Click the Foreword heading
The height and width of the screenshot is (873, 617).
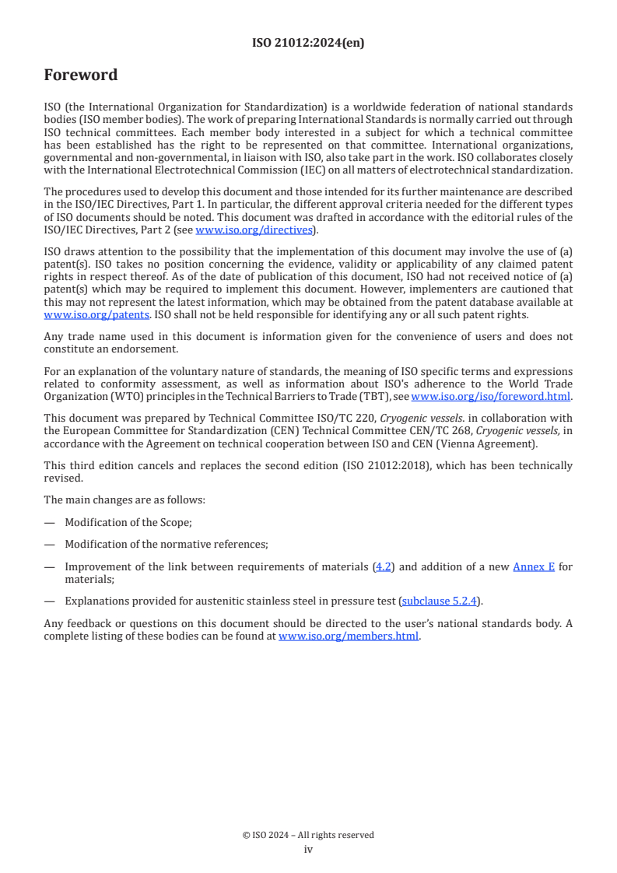click(81, 75)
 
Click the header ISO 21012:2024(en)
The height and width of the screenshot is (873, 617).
click(308, 44)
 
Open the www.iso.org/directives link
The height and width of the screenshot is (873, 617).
click(254, 230)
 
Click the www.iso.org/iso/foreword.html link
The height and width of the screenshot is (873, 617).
click(491, 396)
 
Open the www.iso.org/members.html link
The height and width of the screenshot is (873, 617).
click(349, 636)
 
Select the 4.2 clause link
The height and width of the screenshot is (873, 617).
click(384, 567)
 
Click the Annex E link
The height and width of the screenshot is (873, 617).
click(534, 567)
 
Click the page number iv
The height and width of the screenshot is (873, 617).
click(308, 849)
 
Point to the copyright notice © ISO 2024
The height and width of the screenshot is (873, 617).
click(308, 835)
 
